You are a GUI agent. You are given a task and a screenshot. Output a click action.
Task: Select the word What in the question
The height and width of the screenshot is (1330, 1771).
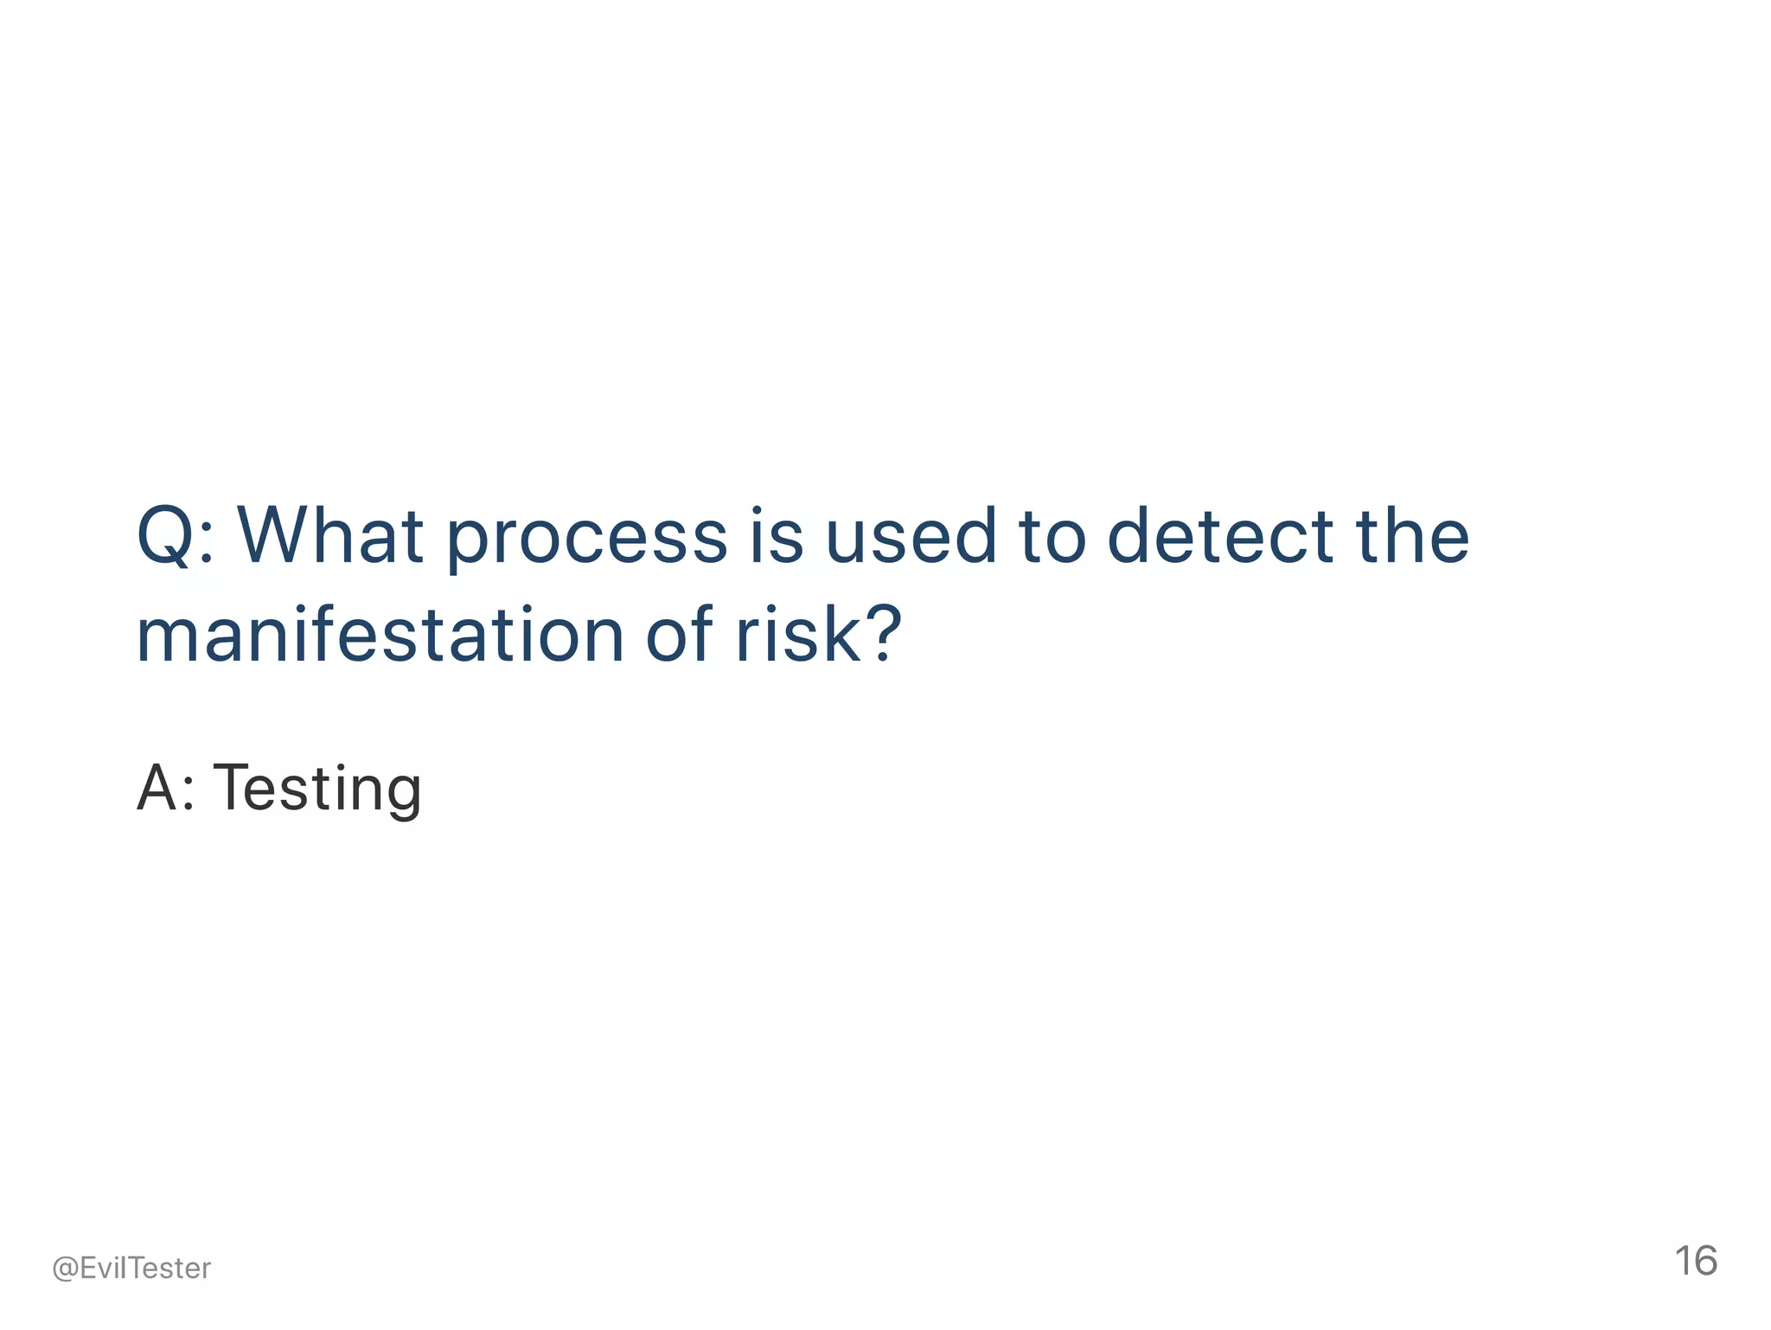click(330, 536)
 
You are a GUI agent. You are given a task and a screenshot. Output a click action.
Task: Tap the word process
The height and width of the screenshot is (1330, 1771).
click(586, 540)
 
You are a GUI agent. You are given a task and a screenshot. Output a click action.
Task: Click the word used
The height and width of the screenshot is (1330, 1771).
click(911, 536)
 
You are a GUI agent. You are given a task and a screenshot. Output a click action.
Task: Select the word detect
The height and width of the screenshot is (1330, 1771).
click(1220, 536)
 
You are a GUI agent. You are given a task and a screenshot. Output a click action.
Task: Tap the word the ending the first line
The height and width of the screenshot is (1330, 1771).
click(1412, 536)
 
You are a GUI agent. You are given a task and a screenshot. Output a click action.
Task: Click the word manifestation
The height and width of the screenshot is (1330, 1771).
click(380, 635)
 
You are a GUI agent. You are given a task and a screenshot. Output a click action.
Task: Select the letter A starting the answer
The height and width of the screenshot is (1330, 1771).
click(155, 788)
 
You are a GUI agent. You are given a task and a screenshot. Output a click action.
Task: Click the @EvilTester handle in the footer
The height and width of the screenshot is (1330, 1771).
click(131, 1268)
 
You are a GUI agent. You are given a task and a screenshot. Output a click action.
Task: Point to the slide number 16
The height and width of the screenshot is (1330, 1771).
click(1696, 1261)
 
